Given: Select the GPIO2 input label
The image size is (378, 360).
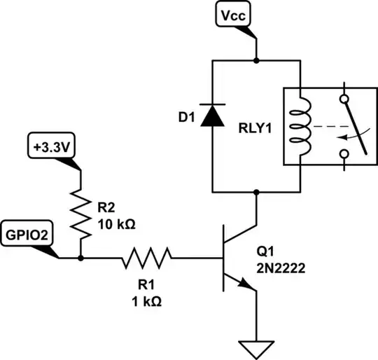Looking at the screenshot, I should tap(27, 234).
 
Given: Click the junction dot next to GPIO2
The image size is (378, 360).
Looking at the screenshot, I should tap(82, 258).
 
